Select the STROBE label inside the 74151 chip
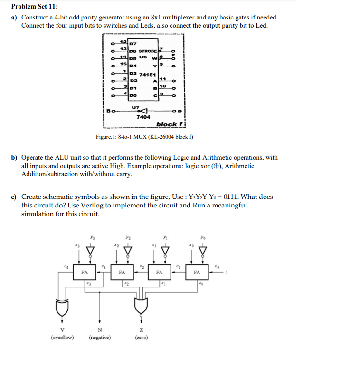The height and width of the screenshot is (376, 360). tap(148, 50)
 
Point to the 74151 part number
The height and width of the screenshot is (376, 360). tap(148, 75)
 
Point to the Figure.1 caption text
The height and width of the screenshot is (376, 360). tap(144, 137)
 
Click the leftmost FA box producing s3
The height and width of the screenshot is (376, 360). tap(84, 273)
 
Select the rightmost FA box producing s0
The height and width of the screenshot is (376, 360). tap(197, 273)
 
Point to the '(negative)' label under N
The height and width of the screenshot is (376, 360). tap(100, 338)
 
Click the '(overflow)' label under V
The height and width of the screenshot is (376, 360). tap(62, 338)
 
